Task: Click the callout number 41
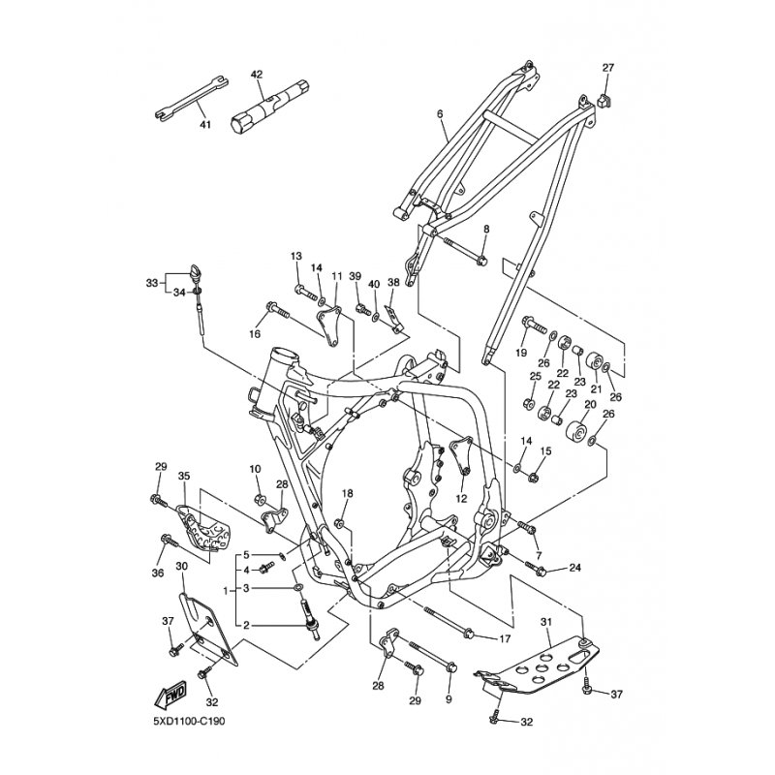click(204, 125)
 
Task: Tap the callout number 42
click(257, 75)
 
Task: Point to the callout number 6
click(440, 114)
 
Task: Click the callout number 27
click(608, 68)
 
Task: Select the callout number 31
click(545, 623)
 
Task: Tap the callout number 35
click(184, 476)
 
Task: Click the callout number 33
click(151, 283)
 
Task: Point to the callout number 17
click(505, 638)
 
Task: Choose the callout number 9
click(449, 697)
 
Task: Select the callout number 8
click(486, 229)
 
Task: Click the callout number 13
click(297, 256)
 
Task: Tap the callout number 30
click(181, 566)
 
